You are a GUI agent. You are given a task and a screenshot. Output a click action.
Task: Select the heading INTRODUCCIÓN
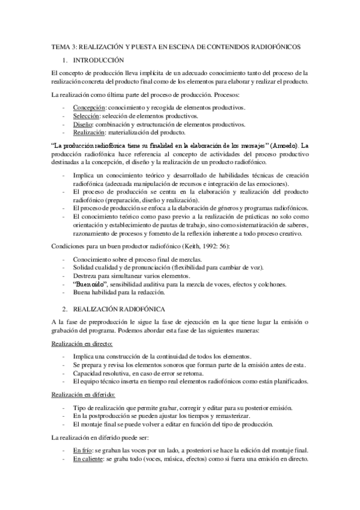click(x=98, y=60)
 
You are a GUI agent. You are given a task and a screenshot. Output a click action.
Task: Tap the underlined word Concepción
click(x=89, y=107)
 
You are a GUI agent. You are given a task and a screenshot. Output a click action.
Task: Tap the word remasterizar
click(x=260, y=416)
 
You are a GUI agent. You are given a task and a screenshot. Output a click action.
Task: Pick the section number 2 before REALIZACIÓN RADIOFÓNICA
click(x=64, y=307)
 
